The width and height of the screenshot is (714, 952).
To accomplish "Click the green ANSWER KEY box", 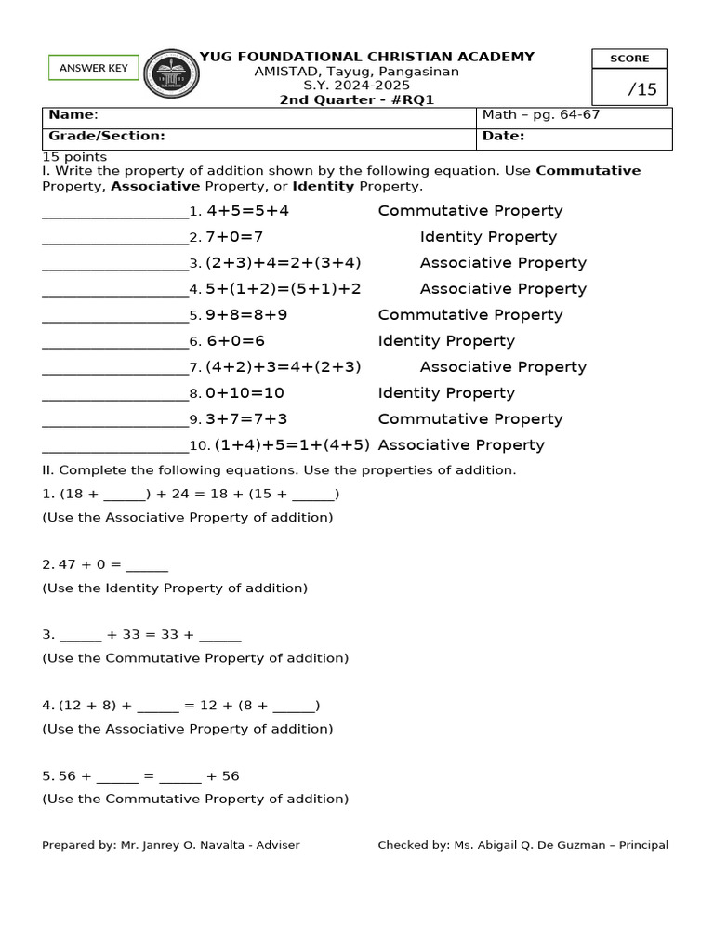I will pyautogui.click(x=93, y=68).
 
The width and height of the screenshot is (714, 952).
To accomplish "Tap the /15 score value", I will pyautogui.click(x=641, y=89).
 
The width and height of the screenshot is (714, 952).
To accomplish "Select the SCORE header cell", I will pyautogui.click(x=629, y=59).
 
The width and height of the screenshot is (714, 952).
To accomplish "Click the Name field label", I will pyautogui.click(x=73, y=114).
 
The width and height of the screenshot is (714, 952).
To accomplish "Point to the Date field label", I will pyautogui.click(x=503, y=136).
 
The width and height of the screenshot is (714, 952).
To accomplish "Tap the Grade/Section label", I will pyautogui.click(x=107, y=136).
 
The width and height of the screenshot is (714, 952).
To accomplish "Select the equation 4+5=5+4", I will pyautogui.click(x=247, y=211).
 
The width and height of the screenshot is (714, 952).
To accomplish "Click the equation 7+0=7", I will pyautogui.click(x=234, y=237).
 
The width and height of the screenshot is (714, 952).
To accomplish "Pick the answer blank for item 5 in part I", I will pyautogui.click(x=114, y=316).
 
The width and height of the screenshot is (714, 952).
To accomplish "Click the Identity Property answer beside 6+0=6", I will pyautogui.click(x=446, y=341).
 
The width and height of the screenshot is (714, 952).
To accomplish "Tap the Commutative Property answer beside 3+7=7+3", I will pyautogui.click(x=469, y=419).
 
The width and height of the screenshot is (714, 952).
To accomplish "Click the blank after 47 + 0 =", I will pyautogui.click(x=147, y=564).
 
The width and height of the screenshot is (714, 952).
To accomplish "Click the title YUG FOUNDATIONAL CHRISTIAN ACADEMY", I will pyautogui.click(x=367, y=57).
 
